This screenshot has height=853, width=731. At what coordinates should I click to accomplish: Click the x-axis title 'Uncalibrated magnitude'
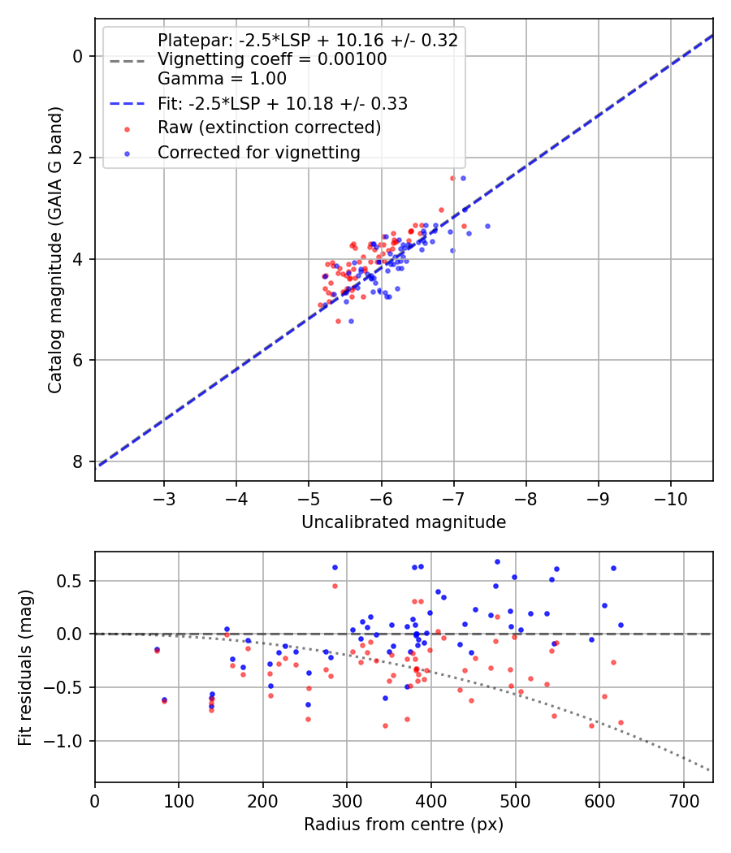[404, 522]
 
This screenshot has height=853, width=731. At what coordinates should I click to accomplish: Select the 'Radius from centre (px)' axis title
[404, 825]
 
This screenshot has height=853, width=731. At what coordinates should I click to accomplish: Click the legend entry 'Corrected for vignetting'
[258, 152]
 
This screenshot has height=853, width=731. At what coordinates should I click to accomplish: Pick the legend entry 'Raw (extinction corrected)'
[269, 128]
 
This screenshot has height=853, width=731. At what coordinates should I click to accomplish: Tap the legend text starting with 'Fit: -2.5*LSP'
[282, 103]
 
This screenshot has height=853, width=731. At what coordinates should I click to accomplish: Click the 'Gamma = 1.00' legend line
[222, 79]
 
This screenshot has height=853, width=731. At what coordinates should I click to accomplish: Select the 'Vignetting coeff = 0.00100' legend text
[272, 59]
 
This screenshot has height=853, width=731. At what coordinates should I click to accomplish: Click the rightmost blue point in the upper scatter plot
[487, 226]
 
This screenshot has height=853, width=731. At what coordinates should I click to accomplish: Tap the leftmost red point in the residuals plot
[157, 651]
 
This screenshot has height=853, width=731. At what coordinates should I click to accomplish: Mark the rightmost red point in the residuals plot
[621, 722]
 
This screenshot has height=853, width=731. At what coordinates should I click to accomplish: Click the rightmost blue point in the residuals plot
[621, 625]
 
